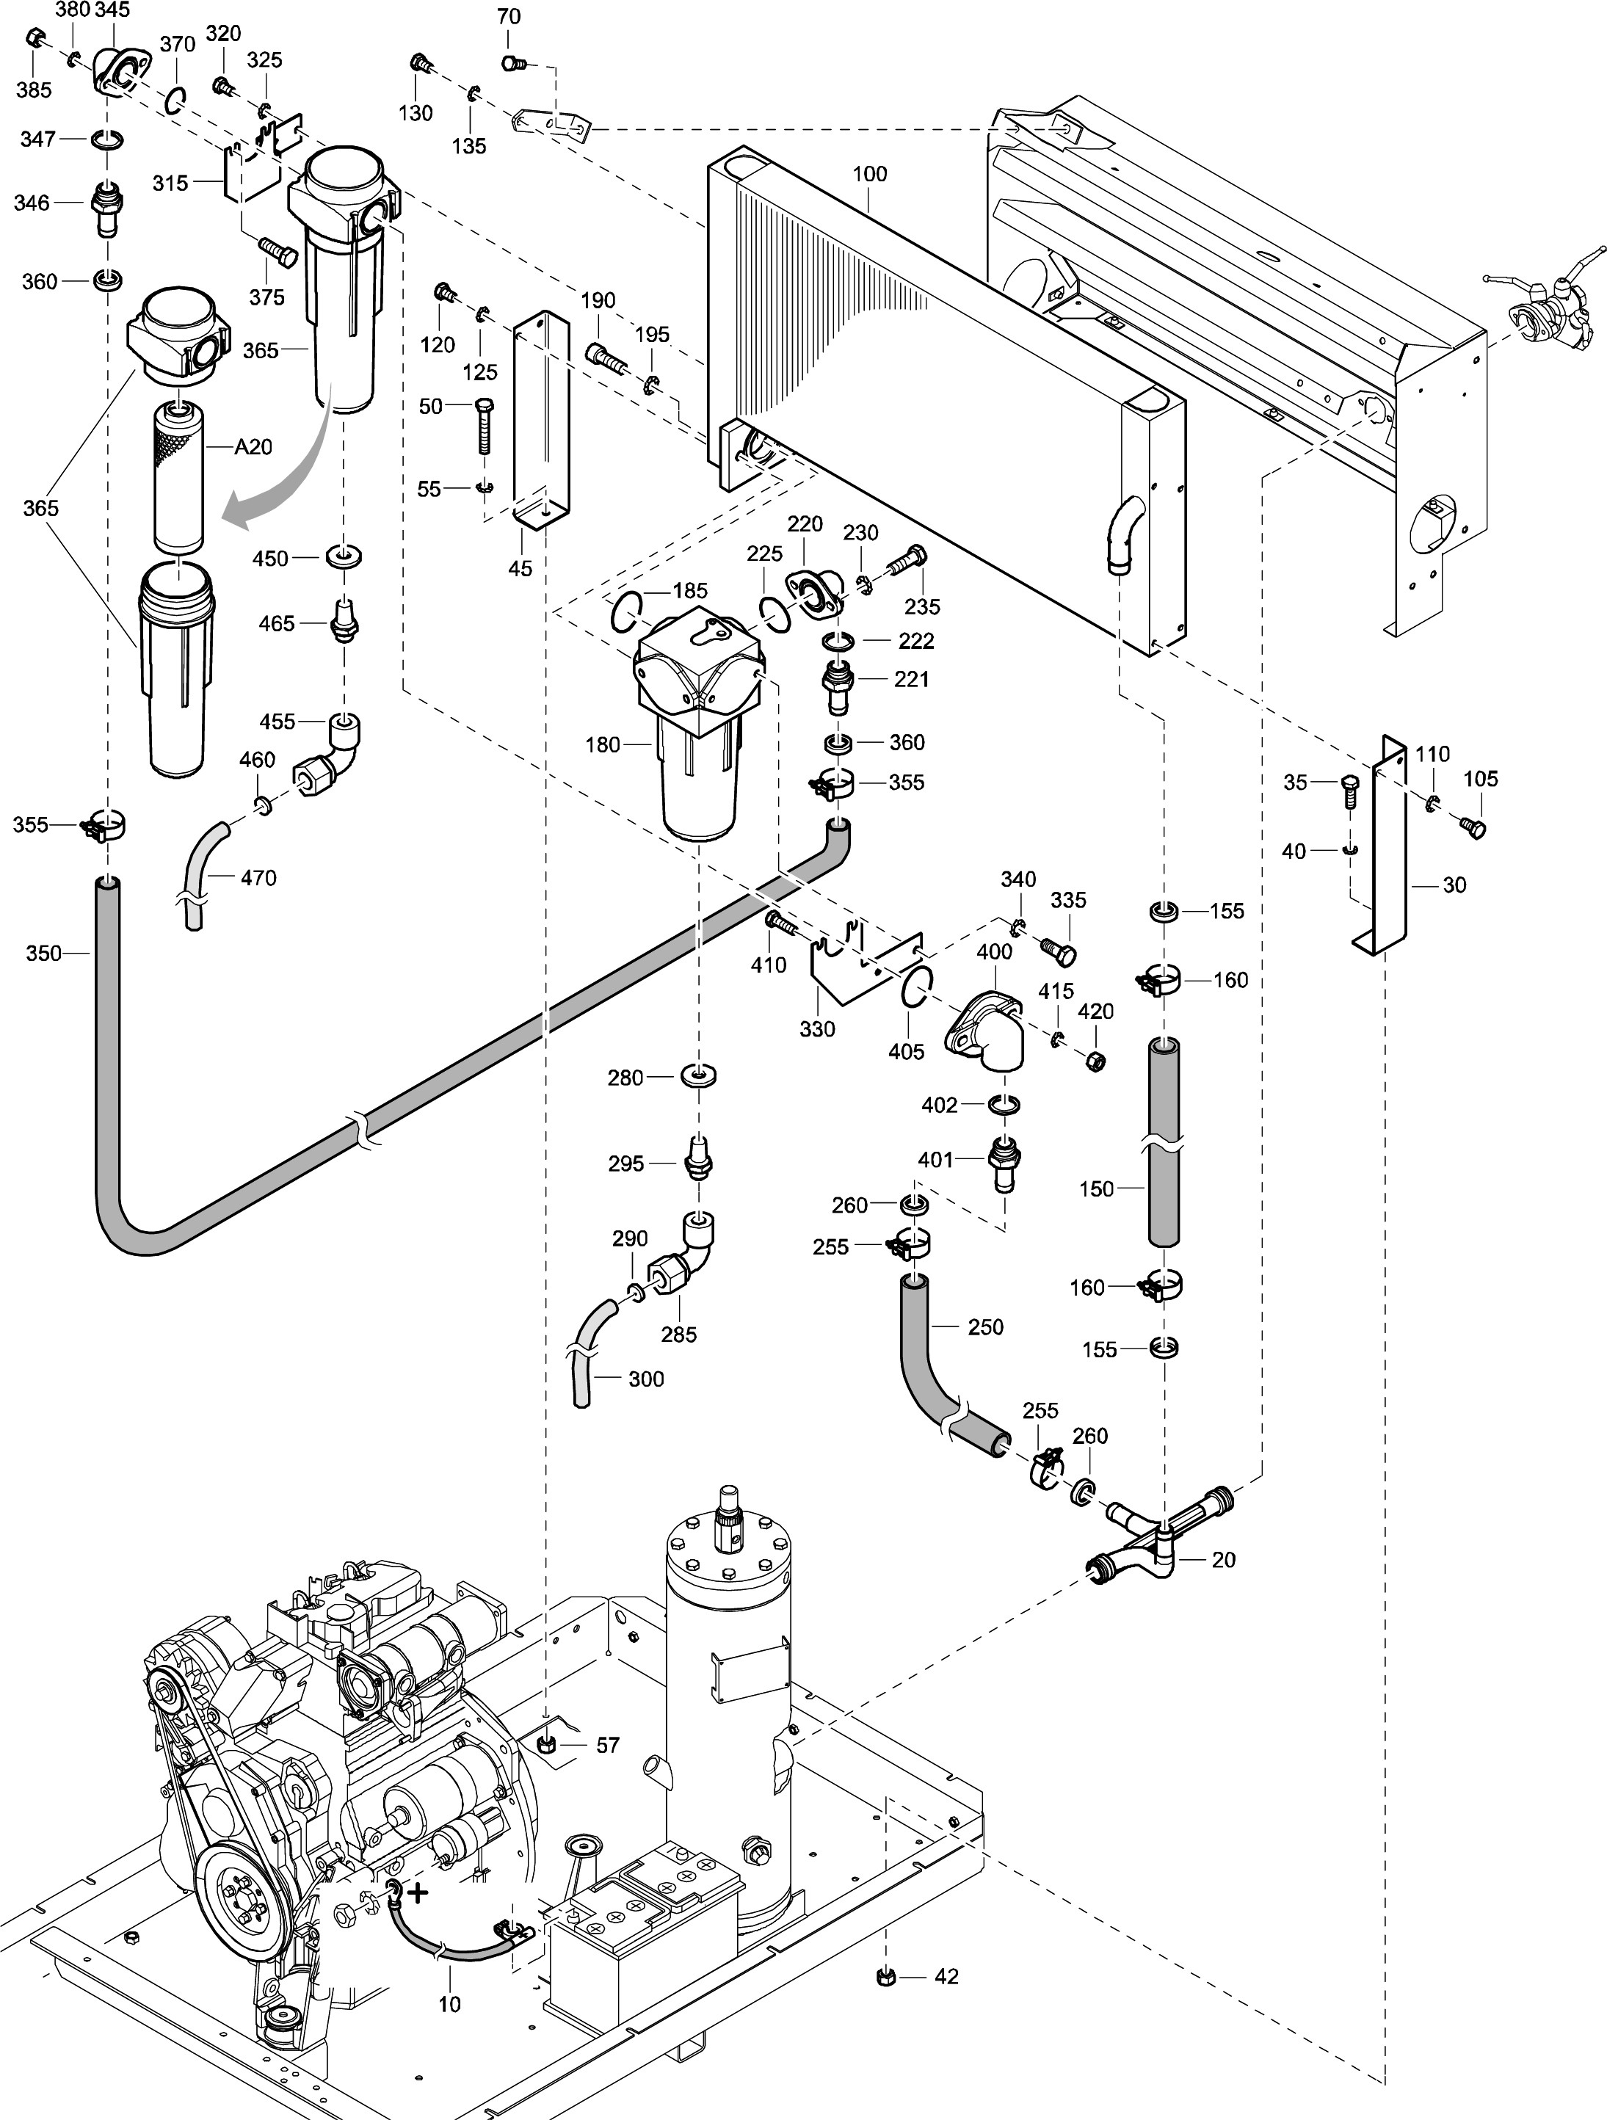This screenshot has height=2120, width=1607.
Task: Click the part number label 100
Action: click(x=869, y=173)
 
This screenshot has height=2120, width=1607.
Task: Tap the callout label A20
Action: click(x=253, y=446)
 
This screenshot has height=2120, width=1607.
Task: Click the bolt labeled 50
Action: click(x=485, y=426)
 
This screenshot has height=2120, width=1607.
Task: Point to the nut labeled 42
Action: click(x=885, y=1976)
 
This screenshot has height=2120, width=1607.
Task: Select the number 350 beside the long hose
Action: click(x=43, y=953)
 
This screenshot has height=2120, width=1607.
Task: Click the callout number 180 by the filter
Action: click(x=602, y=744)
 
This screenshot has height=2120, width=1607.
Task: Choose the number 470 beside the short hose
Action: click(x=258, y=877)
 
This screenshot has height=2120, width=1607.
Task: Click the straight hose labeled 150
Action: click(x=1164, y=1141)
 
